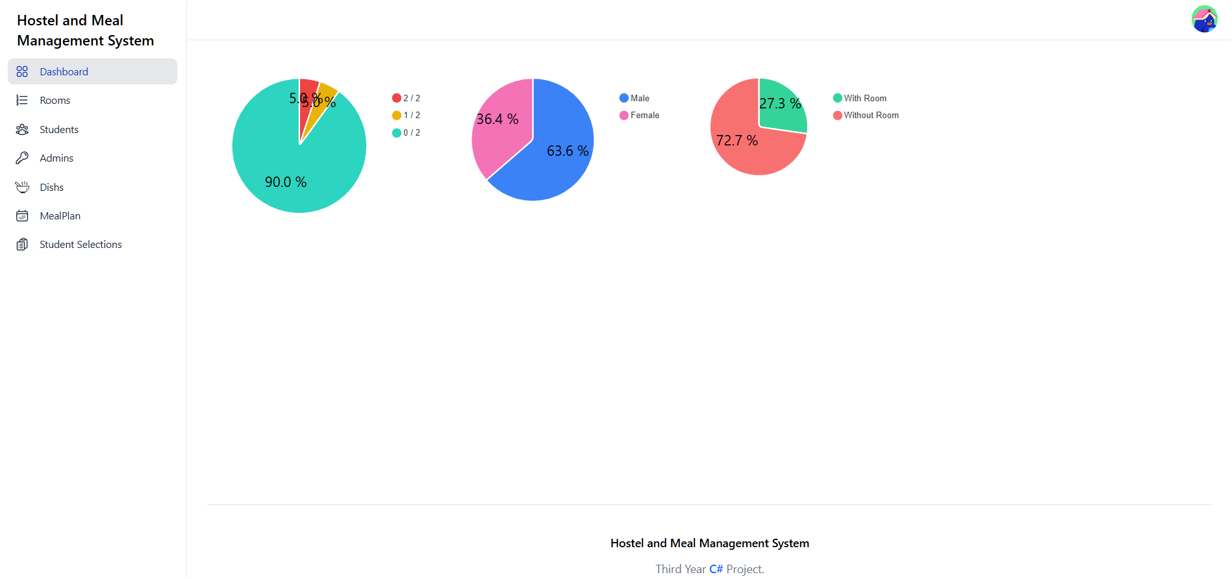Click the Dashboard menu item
pyautogui.click(x=64, y=71)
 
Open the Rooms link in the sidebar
pyautogui.click(x=55, y=101)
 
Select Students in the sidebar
pyautogui.click(x=58, y=129)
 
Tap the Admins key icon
pyautogui.click(x=22, y=158)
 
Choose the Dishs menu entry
pyautogui.click(x=51, y=187)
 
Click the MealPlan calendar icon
pyautogui.click(x=22, y=216)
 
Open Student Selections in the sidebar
pyautogui.click(x=81, y=245)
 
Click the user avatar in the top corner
pyautogui.click(x=1204, y=19)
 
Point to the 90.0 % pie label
pyautogui.click(x=286, y=182)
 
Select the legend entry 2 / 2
pyautogui.click(x=407, y=98)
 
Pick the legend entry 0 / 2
pyautogui.click(x=407, y=132)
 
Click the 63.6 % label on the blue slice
pyautogui.click(x=568, y=151)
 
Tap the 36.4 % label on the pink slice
pyautogui.click(x=497, y=119)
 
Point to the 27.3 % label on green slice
pyautogui.click(x=780, y=104)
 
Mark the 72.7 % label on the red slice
pyautogui.click(x=737, y=141)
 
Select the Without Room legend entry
pyautogui.click(x=866, y=116)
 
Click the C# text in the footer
pyautogui.click(x=716, y=569)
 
